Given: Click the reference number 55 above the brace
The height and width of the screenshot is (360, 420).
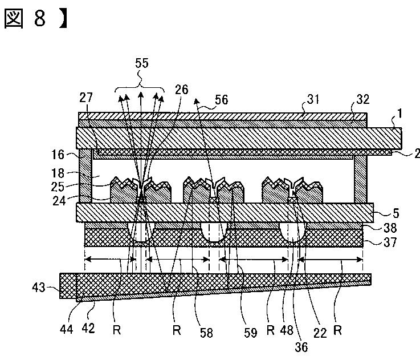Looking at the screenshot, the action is (141, 63).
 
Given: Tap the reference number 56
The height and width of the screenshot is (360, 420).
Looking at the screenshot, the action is (222, 100).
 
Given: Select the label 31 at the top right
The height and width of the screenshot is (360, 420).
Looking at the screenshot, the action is (313, 99).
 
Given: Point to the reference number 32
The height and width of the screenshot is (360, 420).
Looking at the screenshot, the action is (362, 99).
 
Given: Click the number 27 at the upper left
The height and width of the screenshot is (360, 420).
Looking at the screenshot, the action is (85, 98).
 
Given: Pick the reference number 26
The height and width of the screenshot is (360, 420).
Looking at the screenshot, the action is (182, 90).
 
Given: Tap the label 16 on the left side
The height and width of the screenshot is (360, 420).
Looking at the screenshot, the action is (58, 155).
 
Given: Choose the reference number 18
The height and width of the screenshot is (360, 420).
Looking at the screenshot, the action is (58, 173).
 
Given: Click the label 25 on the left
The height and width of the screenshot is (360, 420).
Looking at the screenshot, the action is (58, 187).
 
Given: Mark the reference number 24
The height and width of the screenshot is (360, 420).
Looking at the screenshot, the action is (59, 201).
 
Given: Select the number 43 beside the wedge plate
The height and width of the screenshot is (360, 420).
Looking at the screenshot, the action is (39, 288).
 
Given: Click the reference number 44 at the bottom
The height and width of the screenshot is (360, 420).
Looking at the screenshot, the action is (67, 329).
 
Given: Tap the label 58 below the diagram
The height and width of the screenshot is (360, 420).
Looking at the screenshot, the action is (206, 333).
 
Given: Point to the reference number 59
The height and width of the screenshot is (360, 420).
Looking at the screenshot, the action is (250, 333).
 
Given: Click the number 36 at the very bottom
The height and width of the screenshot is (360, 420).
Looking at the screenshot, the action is (301, 347).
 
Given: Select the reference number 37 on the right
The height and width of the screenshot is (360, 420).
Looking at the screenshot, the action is (390, 242).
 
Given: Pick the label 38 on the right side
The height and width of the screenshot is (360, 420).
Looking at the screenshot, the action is (390, 228).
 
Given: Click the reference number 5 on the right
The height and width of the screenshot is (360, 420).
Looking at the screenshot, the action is (396, 213).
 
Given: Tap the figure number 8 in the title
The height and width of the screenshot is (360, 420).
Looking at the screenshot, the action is (40, 18).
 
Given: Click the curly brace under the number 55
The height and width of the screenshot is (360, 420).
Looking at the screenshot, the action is (140, 84).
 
